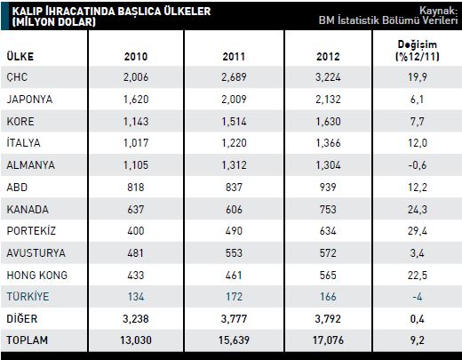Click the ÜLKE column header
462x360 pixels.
pos(20,56)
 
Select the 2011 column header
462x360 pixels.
pos(234,57)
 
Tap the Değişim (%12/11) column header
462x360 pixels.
pos(418,51)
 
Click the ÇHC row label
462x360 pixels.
pos(17,77)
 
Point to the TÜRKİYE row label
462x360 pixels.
pos(28,296)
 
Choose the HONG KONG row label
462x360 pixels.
pos(37,276)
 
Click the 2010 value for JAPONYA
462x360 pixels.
pos(136,100)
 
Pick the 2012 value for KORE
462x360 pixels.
pos(328,122)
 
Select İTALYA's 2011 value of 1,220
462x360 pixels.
pos(234,143)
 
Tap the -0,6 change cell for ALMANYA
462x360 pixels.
pos(418,165)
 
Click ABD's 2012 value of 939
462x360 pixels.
pos(328,188)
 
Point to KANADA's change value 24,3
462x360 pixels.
pos(418,210)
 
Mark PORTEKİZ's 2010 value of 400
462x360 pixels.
pos(136,231)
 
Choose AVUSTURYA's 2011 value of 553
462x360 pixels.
pos(234,253)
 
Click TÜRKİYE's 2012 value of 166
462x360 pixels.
pos(328,297)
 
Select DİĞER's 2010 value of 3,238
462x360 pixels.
pos(136,319)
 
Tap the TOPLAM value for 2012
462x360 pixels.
pos(328,340)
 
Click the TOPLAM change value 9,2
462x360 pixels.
pos(418,340)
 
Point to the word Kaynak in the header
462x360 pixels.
pos(439,11)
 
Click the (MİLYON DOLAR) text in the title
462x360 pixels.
pos(54,22)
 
